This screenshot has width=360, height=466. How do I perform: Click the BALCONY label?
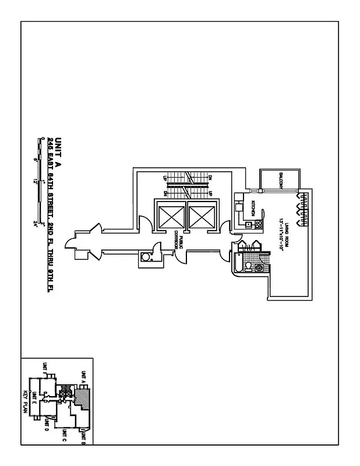(x=281, y=180)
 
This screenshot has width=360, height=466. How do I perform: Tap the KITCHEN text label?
(x=253, y=208)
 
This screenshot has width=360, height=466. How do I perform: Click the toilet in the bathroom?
(x=248, y=267)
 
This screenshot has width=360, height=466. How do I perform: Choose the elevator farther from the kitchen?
(x=171, y=217)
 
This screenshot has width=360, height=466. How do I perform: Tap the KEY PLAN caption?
(x=25, y=400)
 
